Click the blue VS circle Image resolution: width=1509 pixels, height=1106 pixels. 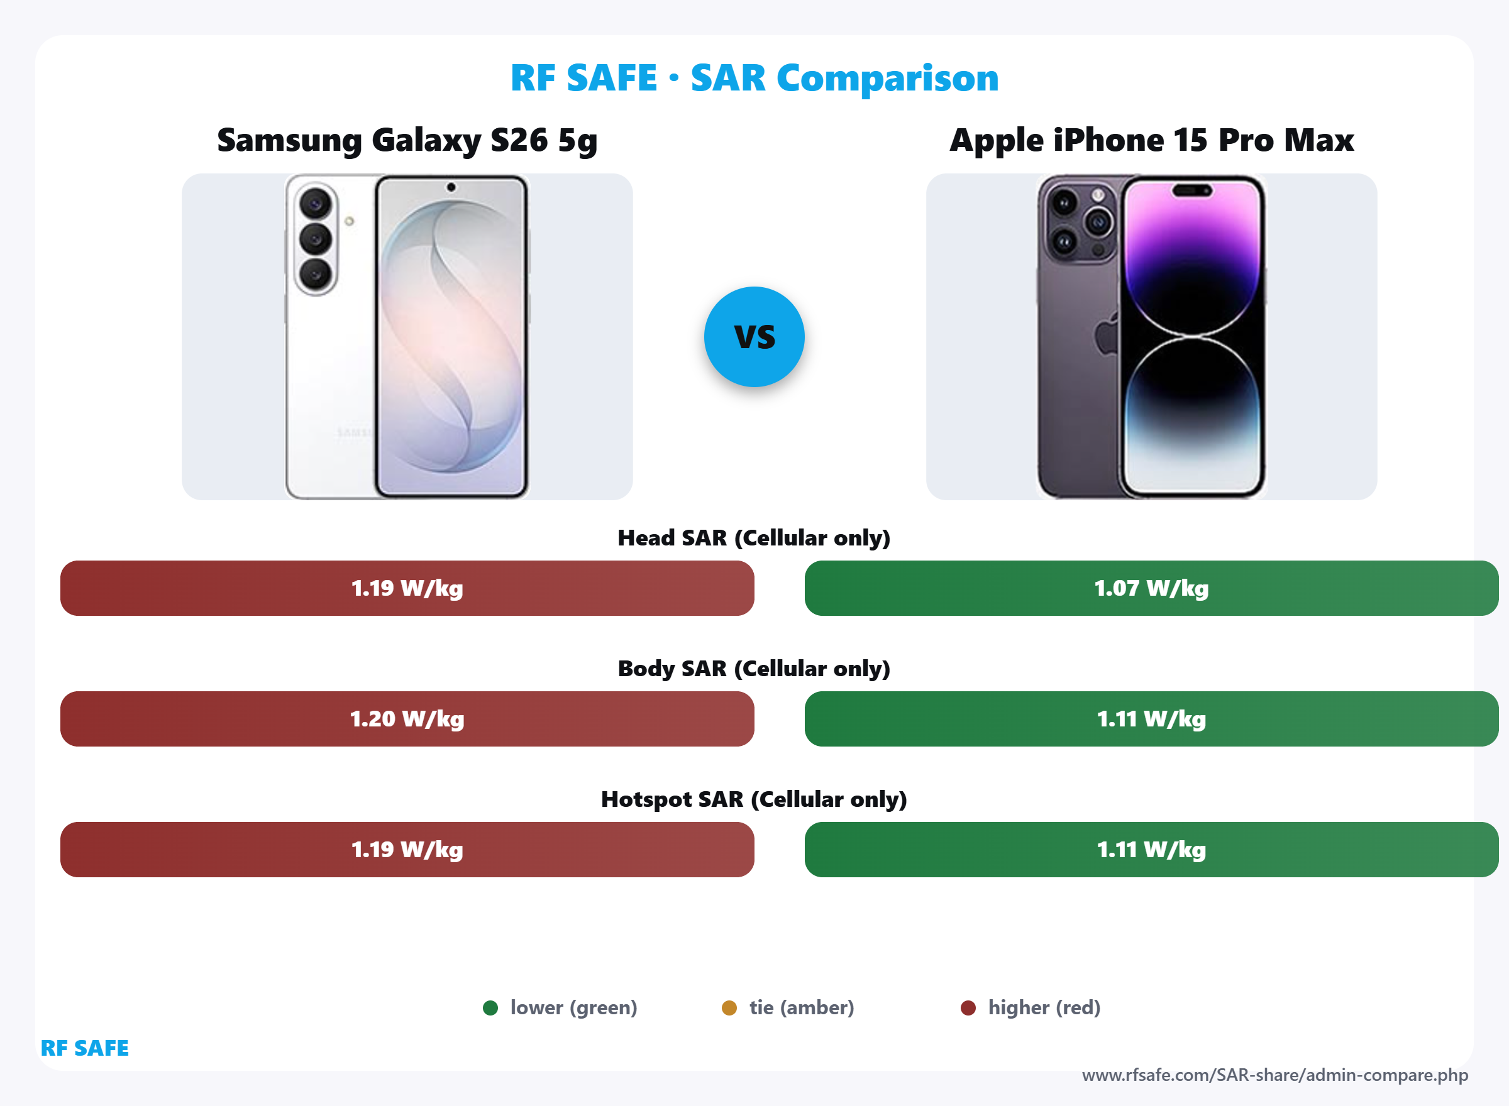pyautogui.click(x=754, y=337)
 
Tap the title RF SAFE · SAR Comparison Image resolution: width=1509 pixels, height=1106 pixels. pyautogui.click(x=754, y=78)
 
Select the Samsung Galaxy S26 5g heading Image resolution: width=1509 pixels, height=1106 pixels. pyautogui.click(x=407, y=140)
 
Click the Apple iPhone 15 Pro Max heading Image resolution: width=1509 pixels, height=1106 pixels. pyautogui.click(x=1151, y=140)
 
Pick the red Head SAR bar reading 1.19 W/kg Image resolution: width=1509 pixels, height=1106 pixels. pyautogui.click(x=407, y=588)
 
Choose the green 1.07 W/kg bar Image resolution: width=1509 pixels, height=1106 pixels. pyautogui.click(x=1151, y=588)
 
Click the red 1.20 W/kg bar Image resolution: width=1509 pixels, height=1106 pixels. pyautogui.click(x=407, y=718)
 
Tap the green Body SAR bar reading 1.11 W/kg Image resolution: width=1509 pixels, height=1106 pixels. pyautogui.click(x=1151, y=718)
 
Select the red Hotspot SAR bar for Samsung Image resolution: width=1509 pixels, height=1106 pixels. pyautogui.click(x=407, y=849)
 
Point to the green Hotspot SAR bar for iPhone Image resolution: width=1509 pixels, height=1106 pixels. pyautogui.click(x=1151, y=849)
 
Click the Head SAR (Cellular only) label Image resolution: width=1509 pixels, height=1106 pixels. pyautogui.click(x=754, y=537)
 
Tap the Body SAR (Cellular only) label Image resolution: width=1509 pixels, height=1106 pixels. pyautogui.click(x=754, y=668)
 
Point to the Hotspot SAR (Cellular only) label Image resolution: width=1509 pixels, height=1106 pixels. pyautogui.click(x=754, y=799)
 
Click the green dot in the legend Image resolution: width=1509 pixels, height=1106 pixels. pyautogui.click(x=490, y=1007)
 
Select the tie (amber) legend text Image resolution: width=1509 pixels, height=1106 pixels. pyautogui.click(x=802, y=1007)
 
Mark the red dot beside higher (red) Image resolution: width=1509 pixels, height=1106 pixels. pyautogui.click(x=968, y=1007)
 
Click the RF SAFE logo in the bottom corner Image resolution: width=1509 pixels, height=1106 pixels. pyautogui.click(x=84, y=1048)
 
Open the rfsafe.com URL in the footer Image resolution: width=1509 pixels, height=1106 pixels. pyautogui.click(x=1274, y=1075)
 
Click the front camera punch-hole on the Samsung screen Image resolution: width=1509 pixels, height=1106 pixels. pyautogui.click(x=451, y=187)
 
